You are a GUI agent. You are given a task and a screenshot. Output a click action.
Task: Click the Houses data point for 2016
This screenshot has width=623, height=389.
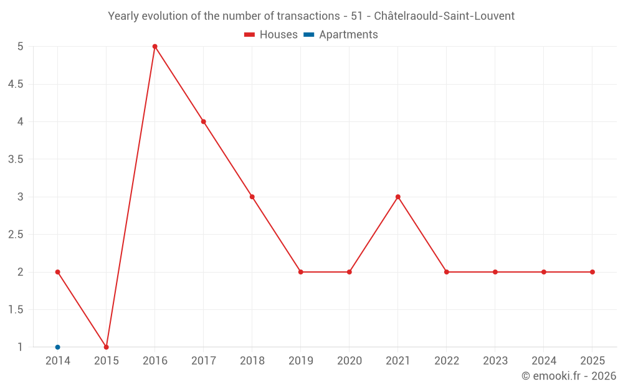155,47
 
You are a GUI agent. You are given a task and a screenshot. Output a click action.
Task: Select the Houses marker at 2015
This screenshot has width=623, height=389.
107,347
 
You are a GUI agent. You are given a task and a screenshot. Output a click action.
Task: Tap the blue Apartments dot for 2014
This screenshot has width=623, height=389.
58,347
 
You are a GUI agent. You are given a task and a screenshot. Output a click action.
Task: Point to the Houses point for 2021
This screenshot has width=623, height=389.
398,197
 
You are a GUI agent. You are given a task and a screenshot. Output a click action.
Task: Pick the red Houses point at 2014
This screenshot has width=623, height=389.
58,272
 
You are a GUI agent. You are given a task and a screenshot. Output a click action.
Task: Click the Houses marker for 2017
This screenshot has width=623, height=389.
204,121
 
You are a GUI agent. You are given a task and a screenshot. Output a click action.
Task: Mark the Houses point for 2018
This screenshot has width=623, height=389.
252,197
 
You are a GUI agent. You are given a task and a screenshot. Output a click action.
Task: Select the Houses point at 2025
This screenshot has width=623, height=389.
592,272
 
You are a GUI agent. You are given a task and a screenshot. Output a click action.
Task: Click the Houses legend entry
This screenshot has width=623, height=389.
271,35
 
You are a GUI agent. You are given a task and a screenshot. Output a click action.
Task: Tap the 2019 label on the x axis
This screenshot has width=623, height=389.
301,361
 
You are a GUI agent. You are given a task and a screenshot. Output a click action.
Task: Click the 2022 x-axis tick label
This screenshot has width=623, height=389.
447,361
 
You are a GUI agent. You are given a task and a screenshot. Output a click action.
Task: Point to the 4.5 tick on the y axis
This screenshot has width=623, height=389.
16,84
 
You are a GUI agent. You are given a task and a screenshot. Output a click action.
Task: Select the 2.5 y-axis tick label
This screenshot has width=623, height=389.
16,235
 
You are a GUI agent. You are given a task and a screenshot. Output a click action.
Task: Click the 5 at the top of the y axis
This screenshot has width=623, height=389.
21,47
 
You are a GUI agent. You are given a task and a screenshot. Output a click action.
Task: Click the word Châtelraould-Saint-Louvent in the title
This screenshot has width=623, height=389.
444,16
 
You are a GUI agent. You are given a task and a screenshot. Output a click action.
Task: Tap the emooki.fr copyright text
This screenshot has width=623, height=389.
569,376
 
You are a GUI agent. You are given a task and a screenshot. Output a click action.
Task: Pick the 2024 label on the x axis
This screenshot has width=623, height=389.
544,361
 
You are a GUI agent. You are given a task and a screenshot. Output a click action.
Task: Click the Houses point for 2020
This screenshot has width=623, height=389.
350,272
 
